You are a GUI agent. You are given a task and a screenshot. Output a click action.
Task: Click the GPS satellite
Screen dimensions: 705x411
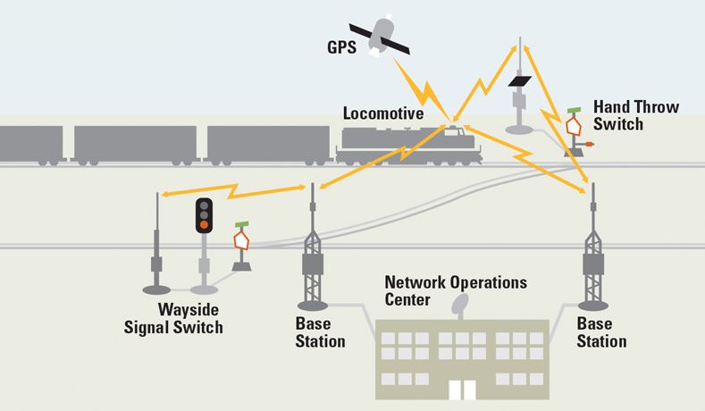[x=380, y=38]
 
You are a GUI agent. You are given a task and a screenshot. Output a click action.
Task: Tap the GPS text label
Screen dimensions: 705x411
[x=341, y=47]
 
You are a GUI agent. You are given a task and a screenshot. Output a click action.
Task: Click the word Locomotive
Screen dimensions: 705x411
[x=383, y=113]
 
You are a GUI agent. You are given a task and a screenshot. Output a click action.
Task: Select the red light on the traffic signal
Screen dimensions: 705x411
[x=204, y=224]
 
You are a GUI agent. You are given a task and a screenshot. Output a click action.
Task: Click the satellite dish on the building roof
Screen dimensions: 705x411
[x=459, y=306]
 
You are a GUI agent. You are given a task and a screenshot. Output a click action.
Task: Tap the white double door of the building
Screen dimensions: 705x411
[x=462, y=390]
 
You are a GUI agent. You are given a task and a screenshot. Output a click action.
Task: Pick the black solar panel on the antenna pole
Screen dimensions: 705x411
[x=520, y=81]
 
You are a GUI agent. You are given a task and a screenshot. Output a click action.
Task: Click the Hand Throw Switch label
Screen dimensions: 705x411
[x=636, y=115]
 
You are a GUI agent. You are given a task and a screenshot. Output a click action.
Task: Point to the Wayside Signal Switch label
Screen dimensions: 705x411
[x=173, y=318]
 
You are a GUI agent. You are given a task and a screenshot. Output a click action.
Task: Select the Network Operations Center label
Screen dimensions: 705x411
[x=456, y=291]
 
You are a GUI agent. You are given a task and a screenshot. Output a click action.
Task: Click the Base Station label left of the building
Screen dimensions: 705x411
[x=320, y=332]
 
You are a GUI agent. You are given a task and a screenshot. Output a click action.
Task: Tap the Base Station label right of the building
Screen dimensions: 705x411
[x=601, y=332]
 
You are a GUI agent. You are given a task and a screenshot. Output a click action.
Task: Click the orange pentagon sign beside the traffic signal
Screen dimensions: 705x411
[x=241, y=240]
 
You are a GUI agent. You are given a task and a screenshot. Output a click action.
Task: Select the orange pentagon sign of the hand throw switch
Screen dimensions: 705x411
[x=574, y=126]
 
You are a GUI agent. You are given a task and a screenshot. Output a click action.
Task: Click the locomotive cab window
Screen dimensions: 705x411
[x=451, y=132]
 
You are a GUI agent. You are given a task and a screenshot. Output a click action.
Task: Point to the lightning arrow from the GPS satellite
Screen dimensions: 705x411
[x=422, y=90]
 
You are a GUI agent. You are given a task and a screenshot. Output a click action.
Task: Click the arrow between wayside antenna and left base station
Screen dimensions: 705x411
[x=234, y=190]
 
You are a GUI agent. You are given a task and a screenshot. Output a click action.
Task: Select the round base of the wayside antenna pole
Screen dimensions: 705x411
[x=156, y=290]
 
